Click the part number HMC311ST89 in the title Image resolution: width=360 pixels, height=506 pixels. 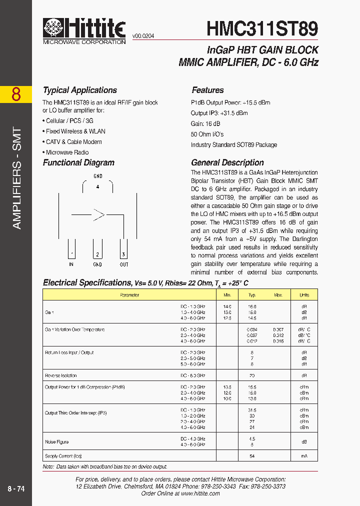pos(262,28)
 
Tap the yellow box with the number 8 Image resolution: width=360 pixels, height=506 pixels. pos(16,94)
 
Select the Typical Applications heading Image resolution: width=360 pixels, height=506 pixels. pos(80,90)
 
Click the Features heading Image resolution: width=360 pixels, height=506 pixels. pos(207,90)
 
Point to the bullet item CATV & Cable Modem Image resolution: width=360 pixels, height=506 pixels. pos(74,142)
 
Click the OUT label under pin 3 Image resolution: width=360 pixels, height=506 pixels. pos(124,264)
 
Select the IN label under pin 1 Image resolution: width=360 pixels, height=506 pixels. pos(71,264)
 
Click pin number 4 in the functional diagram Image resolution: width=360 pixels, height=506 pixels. pos(98,187)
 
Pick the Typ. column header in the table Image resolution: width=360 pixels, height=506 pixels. pos(252,295)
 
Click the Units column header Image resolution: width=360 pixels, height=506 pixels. pos(304,295)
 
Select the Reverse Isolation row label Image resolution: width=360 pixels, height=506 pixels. pos(60,375)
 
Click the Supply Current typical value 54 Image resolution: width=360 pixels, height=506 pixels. pos(252,456)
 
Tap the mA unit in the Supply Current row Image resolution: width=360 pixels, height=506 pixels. pos(304,456)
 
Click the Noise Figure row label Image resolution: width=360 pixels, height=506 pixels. pos(57,442)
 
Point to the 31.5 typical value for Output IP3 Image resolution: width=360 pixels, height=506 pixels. pos(252,410)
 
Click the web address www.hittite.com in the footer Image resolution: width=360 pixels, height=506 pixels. pos(200,493)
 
